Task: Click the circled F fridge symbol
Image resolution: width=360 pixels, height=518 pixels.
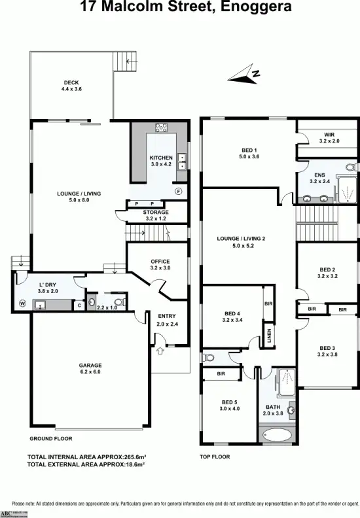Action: [x=178, y=191]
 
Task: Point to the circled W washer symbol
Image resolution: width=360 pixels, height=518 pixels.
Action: [x=22, y=303]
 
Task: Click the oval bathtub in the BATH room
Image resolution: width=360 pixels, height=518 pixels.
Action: [x=278, y=434]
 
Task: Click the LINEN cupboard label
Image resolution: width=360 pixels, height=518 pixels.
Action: [x=269, y=336]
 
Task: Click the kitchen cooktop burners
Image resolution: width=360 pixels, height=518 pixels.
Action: [x=161, y=128]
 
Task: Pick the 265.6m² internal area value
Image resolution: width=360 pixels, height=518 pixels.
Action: [x=128, y=457]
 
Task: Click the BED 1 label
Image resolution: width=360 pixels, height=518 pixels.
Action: [x=249, y=153]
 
